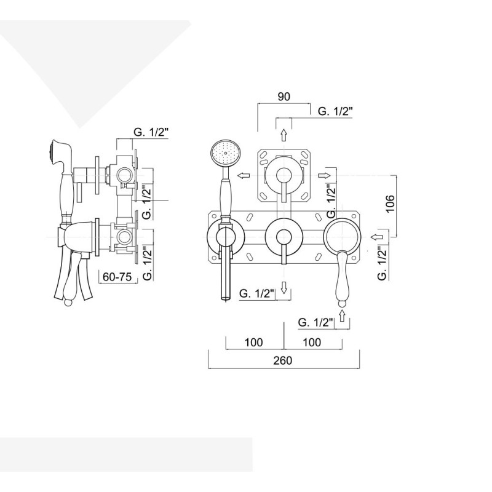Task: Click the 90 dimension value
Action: coord(284,97)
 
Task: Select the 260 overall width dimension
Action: coord(283,360)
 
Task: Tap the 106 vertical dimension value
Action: coord(389,204)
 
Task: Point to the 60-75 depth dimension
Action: coord(116,277)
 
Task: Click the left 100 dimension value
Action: coord(253,342)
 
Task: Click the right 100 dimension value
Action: coord(312,342)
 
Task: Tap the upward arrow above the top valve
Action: coord(284,135)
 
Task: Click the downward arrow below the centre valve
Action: coord(284,287)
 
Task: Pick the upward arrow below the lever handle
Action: coord(342,315)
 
